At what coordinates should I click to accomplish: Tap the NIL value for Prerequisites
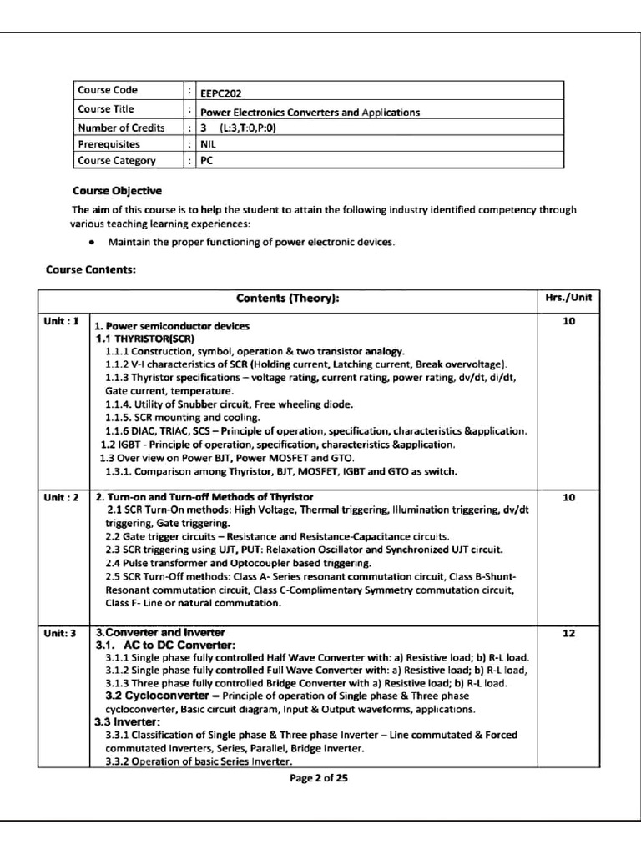coord(208,143)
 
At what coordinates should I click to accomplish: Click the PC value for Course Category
coord(206,160)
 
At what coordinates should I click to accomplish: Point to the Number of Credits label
coord(121,128)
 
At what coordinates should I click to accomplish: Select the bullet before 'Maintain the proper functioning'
coord(90,243)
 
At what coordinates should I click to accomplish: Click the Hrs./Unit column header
coord(568,299)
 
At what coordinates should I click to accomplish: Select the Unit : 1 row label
coord(62,321)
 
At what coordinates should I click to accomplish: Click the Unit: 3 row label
coord(61,634)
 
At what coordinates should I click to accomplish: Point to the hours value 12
coord(568,634)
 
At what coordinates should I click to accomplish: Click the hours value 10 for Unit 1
coord(568,321)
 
